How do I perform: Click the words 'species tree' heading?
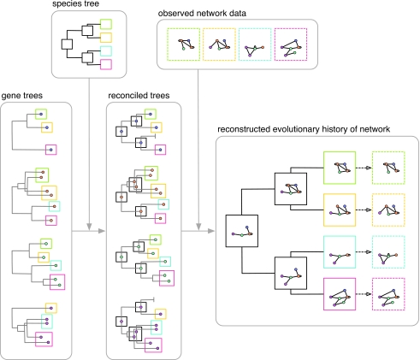point(75,3)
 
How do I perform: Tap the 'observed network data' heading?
point(202,14)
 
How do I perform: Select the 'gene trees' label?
point(22,96)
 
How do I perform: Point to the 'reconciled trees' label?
point(139,95)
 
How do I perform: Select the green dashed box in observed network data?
point(168,44)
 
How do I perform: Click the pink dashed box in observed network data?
point(275,44)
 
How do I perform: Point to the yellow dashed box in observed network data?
point(204,44)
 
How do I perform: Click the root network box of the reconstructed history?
point(226,231)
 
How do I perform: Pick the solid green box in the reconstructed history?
point(324,168)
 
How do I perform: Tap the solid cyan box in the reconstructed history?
point(324,252)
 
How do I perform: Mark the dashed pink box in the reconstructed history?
point(373,294)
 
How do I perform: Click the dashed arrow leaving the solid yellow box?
point(364,210)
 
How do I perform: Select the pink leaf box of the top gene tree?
point(46,150)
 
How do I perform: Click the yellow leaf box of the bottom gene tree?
point(46,308)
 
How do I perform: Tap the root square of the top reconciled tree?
point(116,132)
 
